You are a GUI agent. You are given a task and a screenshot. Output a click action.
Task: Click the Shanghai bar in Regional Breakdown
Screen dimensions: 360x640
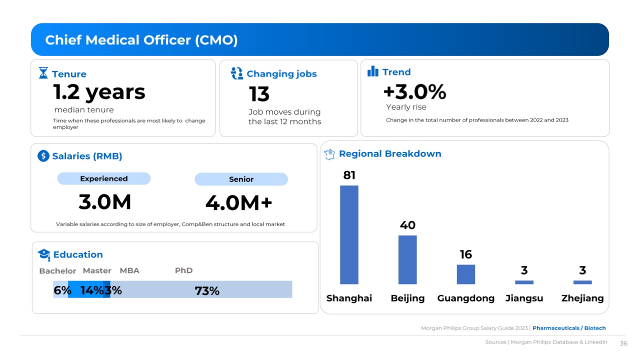coord(349,234)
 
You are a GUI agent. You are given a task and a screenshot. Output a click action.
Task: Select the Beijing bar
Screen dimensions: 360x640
coord(407,259)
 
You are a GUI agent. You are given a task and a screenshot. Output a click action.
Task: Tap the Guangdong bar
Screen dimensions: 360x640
coord(465,274)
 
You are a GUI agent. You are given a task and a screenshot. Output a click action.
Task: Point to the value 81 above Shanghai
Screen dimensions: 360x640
coord(349,175)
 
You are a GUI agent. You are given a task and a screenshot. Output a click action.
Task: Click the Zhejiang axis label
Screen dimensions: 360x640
coord(582,298)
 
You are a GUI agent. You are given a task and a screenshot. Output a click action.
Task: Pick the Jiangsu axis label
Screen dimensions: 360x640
coord(524,298)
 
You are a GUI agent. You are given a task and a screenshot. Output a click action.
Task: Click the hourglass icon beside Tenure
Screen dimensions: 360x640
coord(43,73)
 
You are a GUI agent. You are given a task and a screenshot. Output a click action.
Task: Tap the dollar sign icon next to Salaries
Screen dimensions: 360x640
coord(43,156)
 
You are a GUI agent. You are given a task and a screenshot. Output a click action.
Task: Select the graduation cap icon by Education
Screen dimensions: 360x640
coord(44,254)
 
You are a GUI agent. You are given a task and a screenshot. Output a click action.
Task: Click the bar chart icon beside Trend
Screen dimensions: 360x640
coord(373,72)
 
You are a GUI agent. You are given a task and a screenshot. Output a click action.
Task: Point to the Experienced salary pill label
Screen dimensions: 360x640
coord(104,178)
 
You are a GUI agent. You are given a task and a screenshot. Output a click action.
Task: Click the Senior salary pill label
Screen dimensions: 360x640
coord(241,179)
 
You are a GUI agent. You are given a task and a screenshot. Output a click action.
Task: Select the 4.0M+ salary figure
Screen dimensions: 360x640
coord(238,203)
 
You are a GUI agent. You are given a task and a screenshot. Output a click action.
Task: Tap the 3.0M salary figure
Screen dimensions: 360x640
coord(105,202)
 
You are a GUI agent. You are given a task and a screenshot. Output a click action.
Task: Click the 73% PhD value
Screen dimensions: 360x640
coord(207,290)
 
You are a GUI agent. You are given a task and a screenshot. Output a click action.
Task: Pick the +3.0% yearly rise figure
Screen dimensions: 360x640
coord(414,92)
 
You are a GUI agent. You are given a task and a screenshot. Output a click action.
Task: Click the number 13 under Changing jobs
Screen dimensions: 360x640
coord(259,94)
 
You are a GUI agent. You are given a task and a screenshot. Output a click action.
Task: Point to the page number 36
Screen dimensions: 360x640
coord(623,343)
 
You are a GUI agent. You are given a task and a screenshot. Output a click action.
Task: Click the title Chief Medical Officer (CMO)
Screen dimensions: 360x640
coord(141,40)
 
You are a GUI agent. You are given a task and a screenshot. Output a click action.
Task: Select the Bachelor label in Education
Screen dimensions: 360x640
coord(57,271)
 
